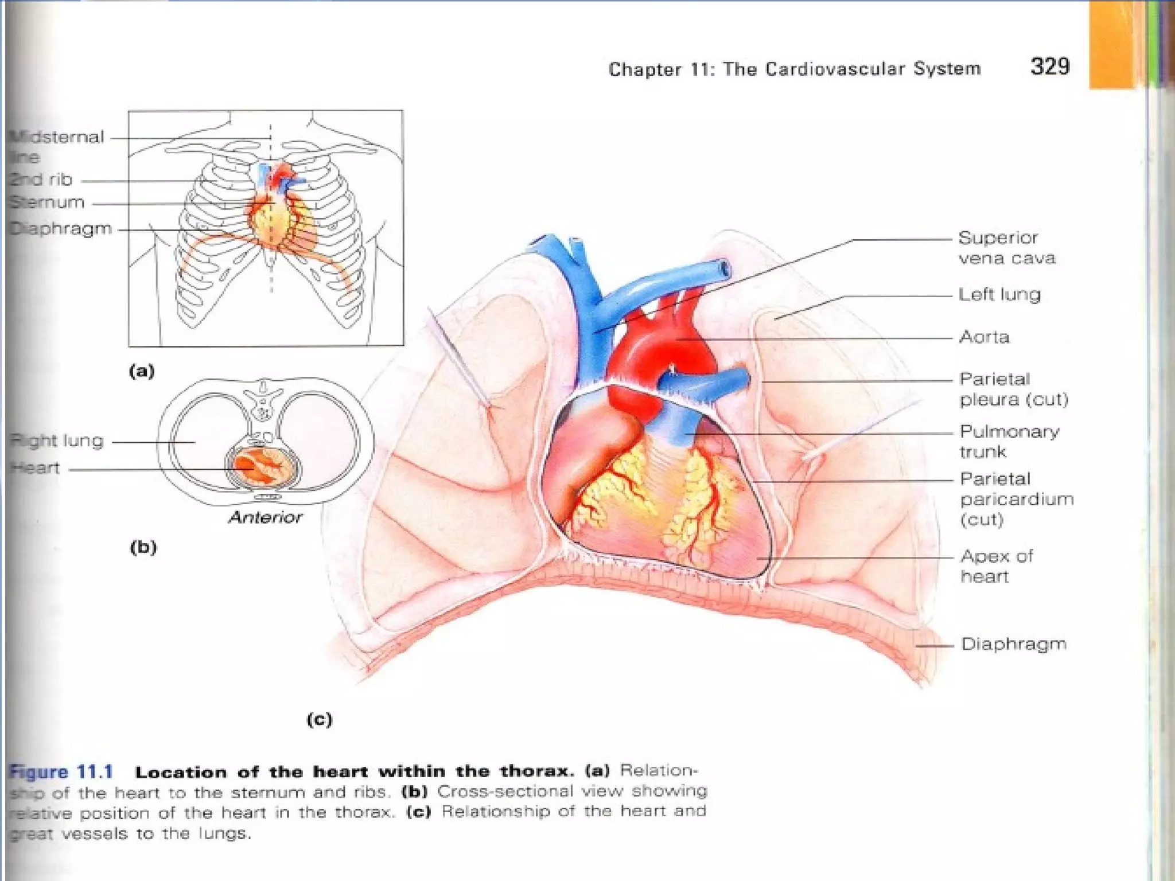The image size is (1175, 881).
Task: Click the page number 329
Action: tap(1050, 67)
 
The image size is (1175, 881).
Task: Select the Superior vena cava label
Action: tap(1006, 248)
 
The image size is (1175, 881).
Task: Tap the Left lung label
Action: tap(999, 295)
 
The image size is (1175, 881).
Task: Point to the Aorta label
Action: tap(984, 337)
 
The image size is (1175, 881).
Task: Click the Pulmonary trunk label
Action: tap(1009, 441)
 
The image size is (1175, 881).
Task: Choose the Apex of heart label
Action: tap(997, 566)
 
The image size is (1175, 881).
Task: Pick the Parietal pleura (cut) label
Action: tap(1013, 389)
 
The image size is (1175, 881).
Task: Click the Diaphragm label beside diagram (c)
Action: tap(1013, 644)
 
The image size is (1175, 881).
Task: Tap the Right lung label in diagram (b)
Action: tap(57, 441)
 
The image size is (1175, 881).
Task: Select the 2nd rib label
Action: tap(41, 180)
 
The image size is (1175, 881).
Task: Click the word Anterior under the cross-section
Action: tap(265, 517)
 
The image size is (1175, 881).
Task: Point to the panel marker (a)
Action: tap(142, 372)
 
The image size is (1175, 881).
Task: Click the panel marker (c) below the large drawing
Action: tap(320, 719)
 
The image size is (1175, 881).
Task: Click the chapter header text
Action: tap(795, 69)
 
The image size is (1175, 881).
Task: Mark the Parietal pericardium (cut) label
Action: tap(1016, 499)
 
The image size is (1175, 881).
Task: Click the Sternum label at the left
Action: tap(47, 202)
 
